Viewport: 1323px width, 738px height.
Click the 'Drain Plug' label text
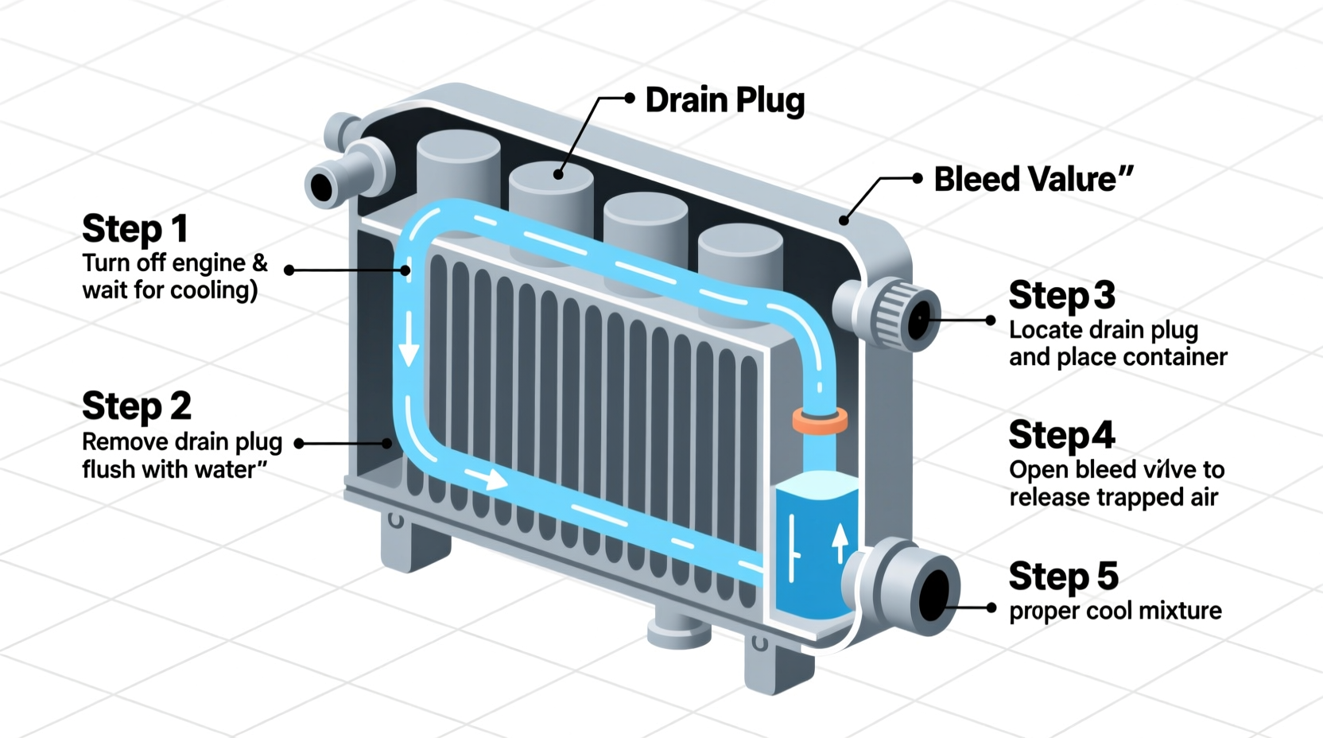724,101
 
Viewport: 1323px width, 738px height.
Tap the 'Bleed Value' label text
1032,180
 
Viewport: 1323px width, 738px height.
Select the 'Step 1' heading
135,229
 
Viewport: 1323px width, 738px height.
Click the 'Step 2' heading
137,406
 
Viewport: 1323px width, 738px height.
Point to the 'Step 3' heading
1061,296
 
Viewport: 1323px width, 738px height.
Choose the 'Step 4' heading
1061,436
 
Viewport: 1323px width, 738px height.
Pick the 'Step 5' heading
1063,577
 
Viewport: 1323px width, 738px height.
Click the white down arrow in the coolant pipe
409,340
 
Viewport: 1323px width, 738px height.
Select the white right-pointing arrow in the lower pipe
487,479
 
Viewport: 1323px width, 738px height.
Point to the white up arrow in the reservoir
840,543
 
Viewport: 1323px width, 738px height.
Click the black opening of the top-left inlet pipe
322,188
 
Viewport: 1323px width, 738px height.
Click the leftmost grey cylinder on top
458,171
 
